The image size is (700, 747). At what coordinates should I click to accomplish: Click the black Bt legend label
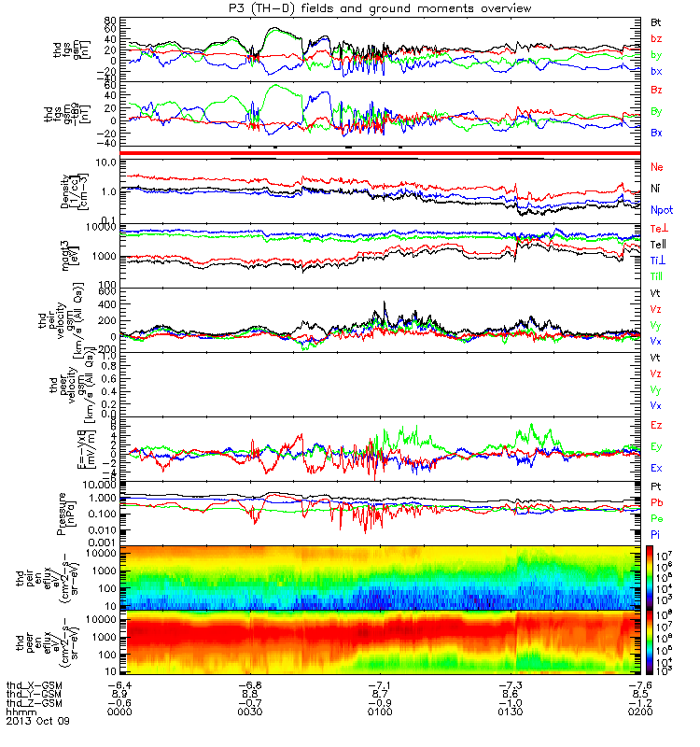pyautogui.click(x=657, y=21)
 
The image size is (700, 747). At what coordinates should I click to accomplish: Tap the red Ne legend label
pyautogui.click(x=657, y=166)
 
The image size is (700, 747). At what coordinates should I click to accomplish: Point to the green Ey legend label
pyautogui.click(x=657, y=446)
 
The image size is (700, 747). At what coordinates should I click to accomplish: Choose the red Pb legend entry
pyautogui.click(x=657, y=503)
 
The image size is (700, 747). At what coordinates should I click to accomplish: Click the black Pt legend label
pyautogui.click(x=657, y=487)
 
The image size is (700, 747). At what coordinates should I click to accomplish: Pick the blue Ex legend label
pyautogui.click(x=657, y=468)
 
